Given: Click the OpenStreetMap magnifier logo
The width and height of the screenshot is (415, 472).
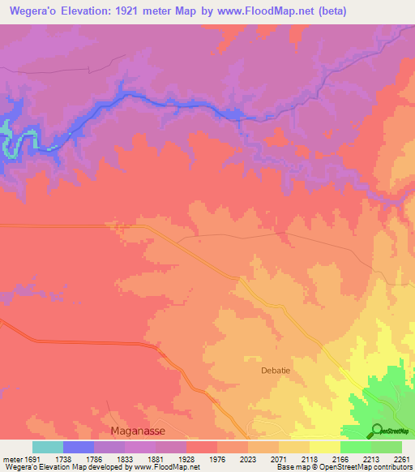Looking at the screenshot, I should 376,430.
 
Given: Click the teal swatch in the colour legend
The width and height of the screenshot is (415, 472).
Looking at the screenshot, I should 48,447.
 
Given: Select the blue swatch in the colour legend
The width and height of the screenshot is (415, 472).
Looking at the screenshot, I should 79,447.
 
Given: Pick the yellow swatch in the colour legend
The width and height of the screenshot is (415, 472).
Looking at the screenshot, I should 325,447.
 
